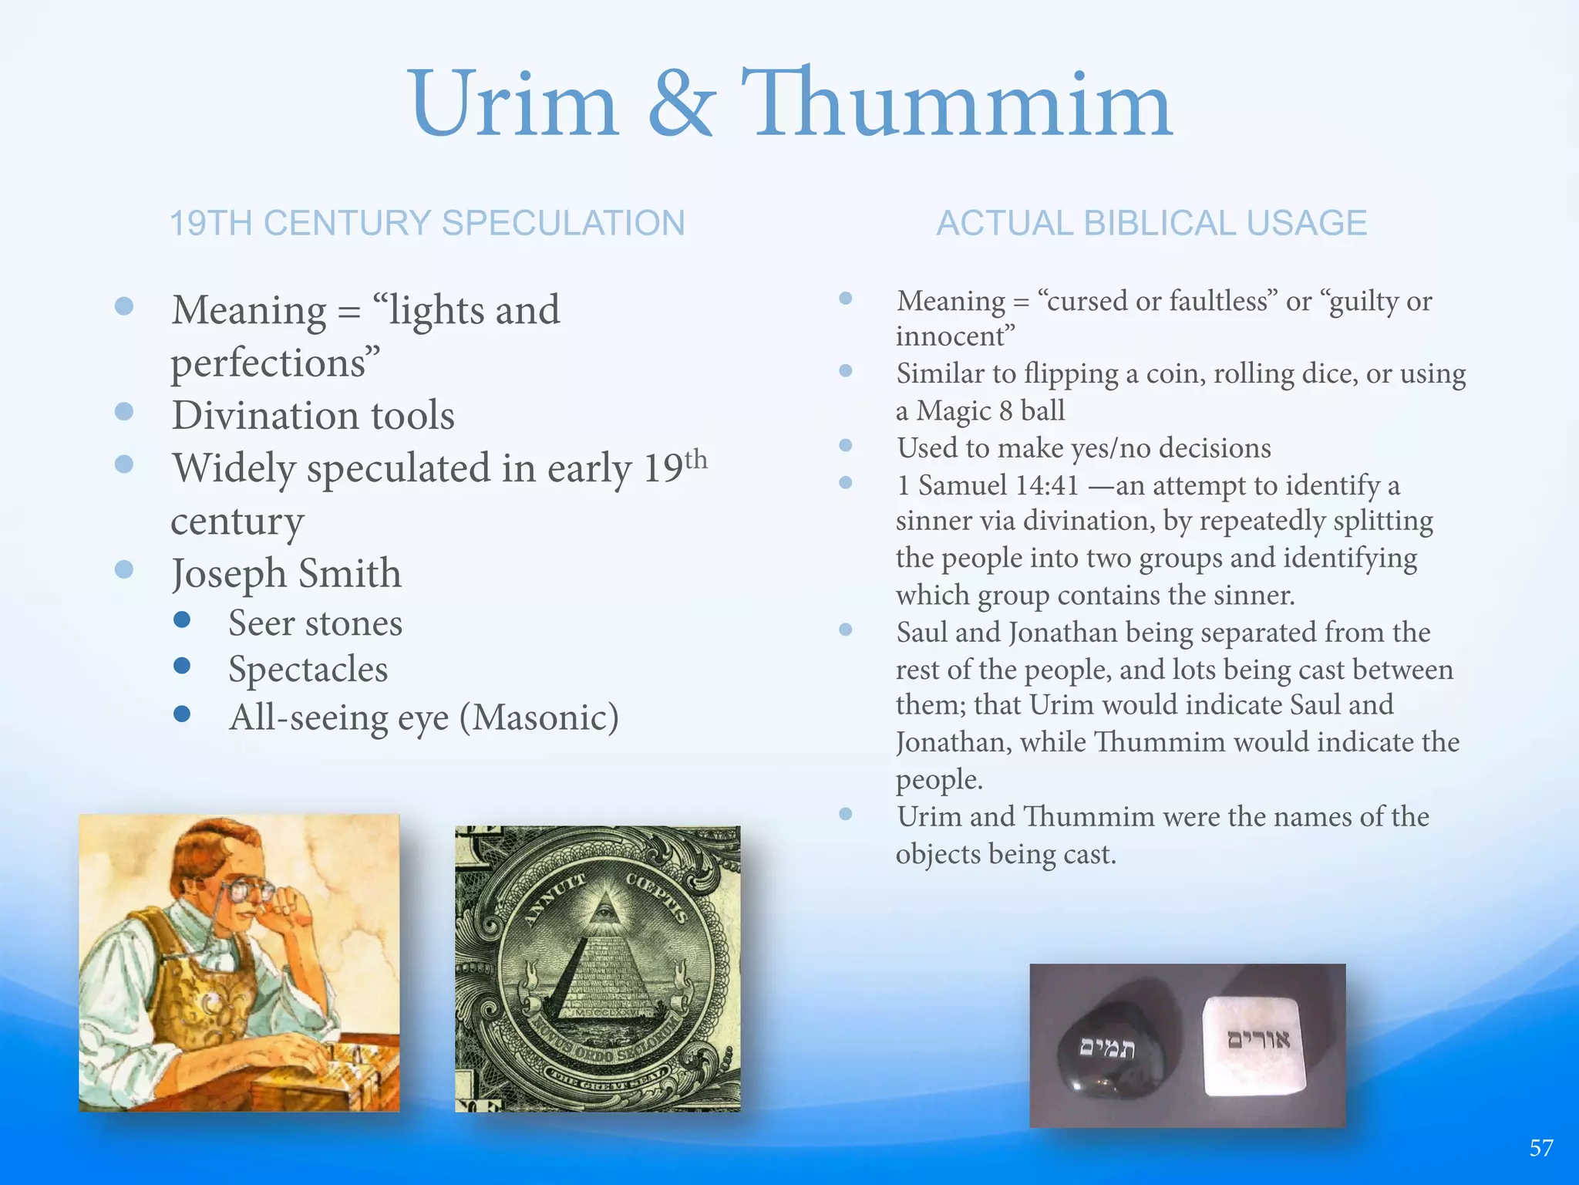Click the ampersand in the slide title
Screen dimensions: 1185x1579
[x=682, y=104]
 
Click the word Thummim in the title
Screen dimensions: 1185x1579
[x=956, y=104]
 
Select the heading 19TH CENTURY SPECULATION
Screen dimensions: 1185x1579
[x=427, y=224]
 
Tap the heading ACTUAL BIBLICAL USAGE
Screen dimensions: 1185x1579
[x=1151, y=224]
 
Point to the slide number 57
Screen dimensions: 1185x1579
[x=1541, y=1148]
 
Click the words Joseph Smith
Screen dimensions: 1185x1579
[x=286, y=574]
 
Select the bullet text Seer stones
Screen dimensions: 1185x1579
[x=315, y=623]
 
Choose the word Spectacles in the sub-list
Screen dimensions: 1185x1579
[x=308, y=670]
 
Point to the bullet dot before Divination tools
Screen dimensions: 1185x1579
[x=124, y=411]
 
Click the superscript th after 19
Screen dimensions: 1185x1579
[x=695, y=459]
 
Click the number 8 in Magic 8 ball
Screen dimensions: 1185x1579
[x=1005, y=410]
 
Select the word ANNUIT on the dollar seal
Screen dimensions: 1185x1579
[x=554, y=900]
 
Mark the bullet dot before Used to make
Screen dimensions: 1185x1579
[x=846, y=445]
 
